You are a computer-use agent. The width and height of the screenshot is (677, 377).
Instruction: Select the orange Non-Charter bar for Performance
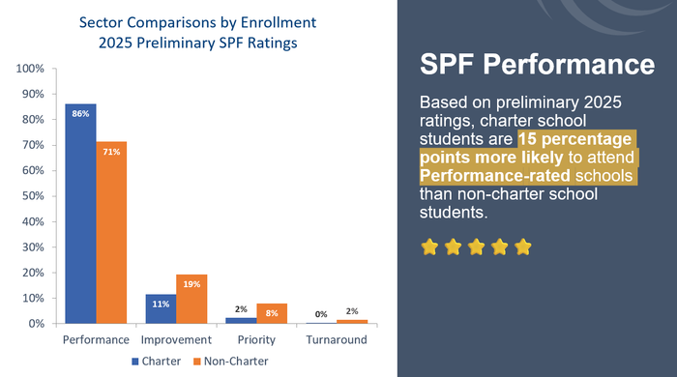tap(111, 233)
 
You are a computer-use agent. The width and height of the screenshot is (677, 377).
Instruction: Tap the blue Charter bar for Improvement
tap(160, 308)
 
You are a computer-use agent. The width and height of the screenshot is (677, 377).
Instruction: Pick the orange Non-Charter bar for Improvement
tap(191, 299)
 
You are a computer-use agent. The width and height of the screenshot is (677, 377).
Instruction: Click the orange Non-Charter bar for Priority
tap(272, 312)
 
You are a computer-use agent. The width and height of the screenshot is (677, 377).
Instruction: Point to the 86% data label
tap(80, 114)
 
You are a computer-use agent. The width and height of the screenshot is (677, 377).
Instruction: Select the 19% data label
tap(191, 284)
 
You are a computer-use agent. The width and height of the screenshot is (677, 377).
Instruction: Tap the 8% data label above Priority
tap(272, 312)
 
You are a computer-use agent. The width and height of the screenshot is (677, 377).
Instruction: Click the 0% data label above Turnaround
tap(320, 313)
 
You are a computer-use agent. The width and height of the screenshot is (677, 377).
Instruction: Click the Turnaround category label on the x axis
tap(336, 340)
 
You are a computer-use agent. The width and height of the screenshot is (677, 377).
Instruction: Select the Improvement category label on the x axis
tap(175, 340)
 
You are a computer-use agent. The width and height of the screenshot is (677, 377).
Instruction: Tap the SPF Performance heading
tap(537, 66)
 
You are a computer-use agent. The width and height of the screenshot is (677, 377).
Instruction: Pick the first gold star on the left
tap(429, 246)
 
